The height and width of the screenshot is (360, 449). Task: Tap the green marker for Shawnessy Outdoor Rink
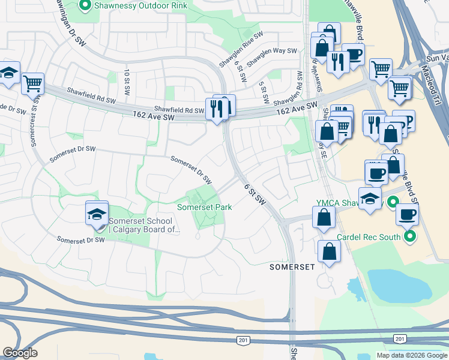(85, 6)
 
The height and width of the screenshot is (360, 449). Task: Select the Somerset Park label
(204, 207)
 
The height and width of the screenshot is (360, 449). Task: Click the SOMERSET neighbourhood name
(292, 266)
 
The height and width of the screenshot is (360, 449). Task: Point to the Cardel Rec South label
(368, 237)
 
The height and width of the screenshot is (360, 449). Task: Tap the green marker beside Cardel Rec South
(411, 237)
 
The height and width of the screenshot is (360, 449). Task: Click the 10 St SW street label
(127, 81)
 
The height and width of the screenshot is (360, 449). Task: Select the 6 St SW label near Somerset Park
(255, 194)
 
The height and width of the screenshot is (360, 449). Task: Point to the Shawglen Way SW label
(272, 58)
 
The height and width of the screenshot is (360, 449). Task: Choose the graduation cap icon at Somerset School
(97, 214)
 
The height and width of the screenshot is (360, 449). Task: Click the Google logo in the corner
(20, 353)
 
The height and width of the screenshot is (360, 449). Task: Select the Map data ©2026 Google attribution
(412, 355)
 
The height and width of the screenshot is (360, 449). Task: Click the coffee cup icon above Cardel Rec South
(407, 214)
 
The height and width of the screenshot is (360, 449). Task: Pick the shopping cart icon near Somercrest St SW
(32, 83)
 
